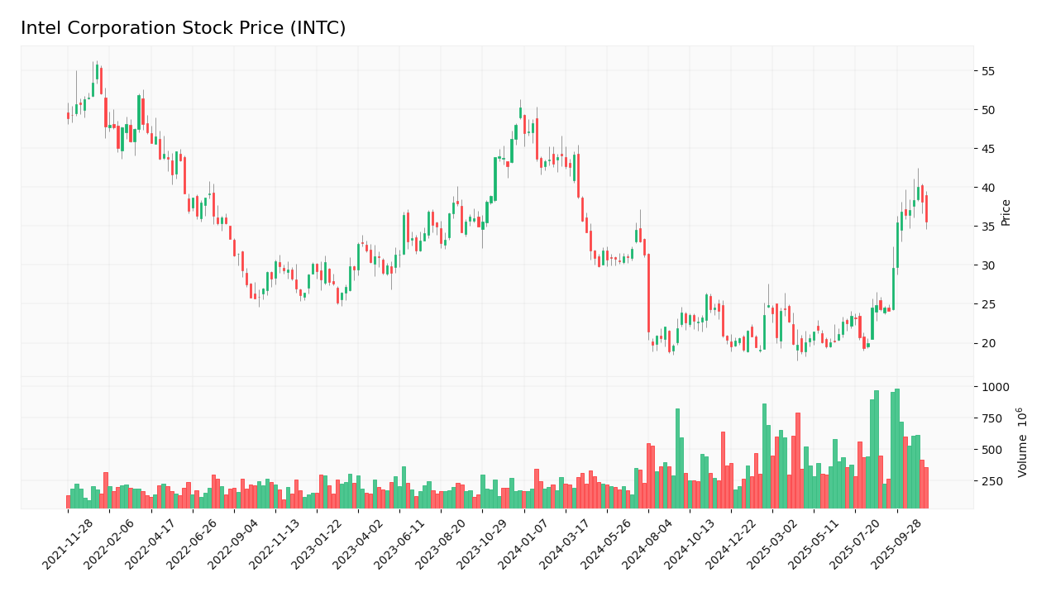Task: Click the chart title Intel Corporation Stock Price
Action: tap(183, 29)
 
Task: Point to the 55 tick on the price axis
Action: tap(989, 71)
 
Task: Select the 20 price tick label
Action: tap(989, 343)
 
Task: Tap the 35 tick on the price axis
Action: tap(989, 227)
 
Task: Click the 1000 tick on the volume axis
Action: tap(995, 387)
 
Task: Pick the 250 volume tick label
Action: tap(991, 481)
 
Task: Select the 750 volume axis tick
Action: tap(991, 418)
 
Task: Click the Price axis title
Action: tap(1006, 212)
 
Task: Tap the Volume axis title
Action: tap(1023, 442)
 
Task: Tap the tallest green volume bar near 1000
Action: tap(897, 448)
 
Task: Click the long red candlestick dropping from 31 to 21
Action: tap(648, 293)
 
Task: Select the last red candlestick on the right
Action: tap(926, 208)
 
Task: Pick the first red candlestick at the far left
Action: tap(68, 116)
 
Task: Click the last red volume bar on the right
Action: tap(926, 487)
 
